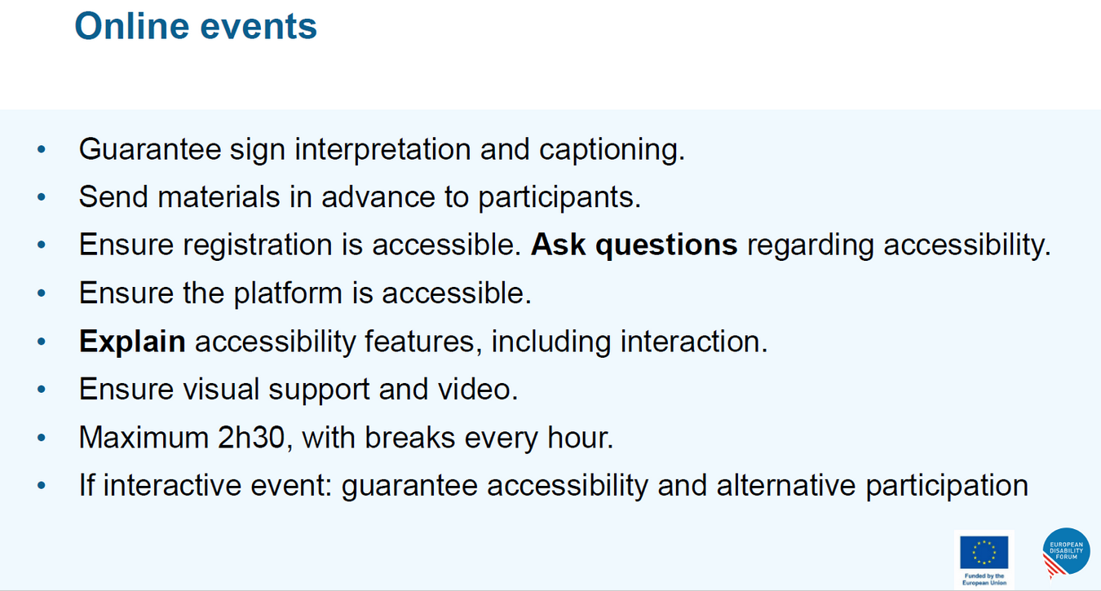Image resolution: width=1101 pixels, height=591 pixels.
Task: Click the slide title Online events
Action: [196, 26]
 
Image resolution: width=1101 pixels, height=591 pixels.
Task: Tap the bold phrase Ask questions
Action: [634, 245]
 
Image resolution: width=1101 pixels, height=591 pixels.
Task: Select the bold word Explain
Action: [132, 342]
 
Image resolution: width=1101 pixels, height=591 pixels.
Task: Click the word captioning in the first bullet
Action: [612, 150]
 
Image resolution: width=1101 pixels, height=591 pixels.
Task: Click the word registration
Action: [257, 245]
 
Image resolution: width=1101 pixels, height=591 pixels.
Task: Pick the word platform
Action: [288, 293]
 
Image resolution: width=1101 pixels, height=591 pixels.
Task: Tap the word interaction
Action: [693, 342]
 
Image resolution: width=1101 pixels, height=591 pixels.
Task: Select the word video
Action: [478, 389]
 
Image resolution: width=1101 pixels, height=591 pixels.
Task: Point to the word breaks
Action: [409, 437]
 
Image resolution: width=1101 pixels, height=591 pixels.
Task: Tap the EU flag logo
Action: [984, 552]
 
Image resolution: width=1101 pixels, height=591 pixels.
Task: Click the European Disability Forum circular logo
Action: [1066, 552]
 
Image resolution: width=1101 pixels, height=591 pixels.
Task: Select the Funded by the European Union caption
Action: [984, 580]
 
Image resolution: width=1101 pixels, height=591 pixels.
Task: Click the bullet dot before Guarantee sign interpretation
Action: [42, 149]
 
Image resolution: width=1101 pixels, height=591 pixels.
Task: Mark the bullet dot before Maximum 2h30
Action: [42, 437]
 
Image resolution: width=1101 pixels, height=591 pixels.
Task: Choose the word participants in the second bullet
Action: [559, 198]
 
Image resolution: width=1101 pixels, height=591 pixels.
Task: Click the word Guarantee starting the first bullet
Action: [150, 149]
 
